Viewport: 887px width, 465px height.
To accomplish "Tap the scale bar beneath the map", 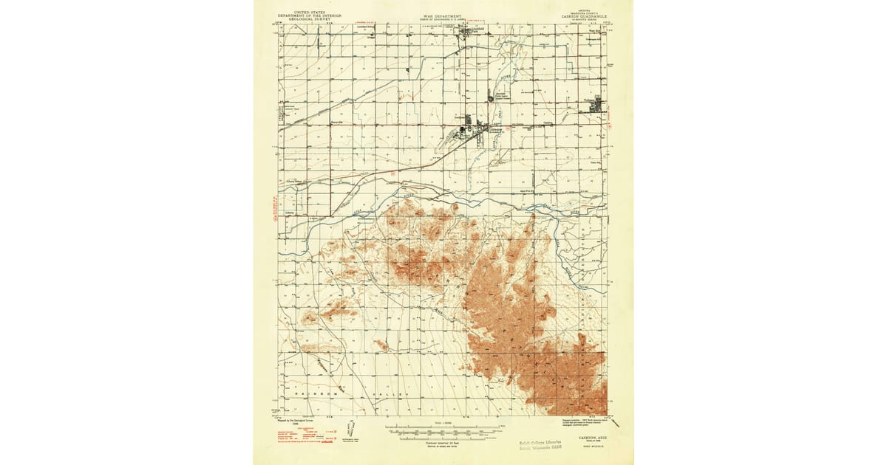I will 443,429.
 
